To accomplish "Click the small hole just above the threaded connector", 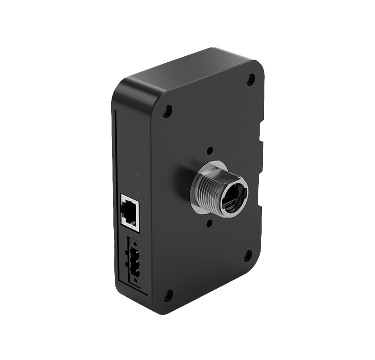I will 210,151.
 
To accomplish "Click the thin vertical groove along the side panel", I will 115,197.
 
